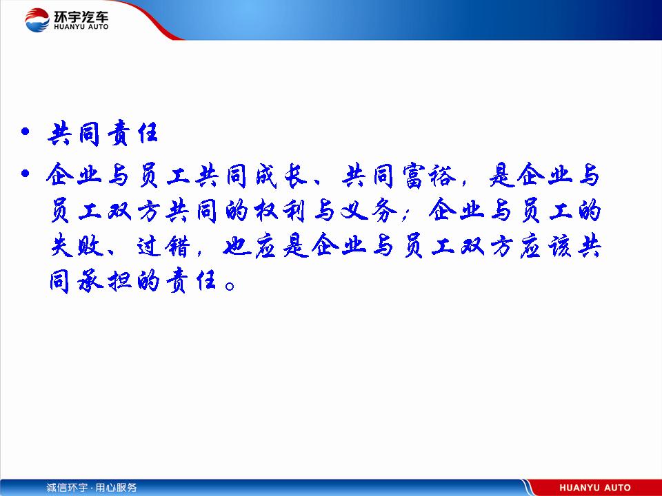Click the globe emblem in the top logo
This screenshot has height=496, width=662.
(37, 20)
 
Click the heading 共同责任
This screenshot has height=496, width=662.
(103, 133)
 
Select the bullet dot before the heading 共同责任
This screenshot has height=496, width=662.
(26, 132)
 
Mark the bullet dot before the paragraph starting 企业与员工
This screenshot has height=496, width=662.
(26, 173)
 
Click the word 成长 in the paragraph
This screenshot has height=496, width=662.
(281, 175)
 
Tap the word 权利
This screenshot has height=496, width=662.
(280, 210)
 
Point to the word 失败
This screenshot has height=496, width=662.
(76, 245)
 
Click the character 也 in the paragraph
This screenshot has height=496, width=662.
(237, 245)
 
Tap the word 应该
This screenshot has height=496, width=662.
(545, 245)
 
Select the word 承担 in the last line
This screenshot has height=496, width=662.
(105, 280)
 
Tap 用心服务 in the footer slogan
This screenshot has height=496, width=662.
(116, 488)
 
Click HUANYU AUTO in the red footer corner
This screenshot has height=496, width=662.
(595, 488)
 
